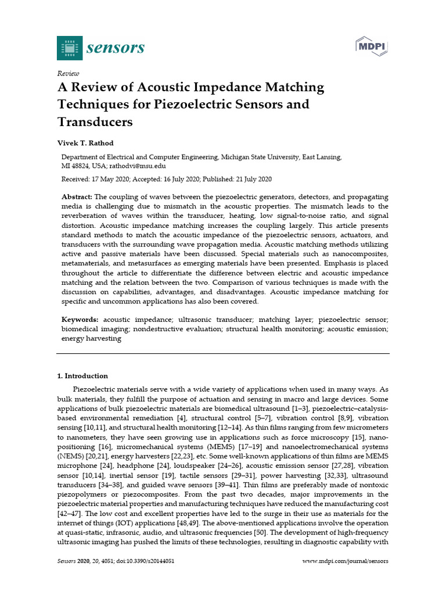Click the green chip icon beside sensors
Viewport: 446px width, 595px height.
(69, 48)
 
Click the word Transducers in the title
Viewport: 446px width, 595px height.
(95, 123)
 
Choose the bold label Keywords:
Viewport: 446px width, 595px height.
(80, 320)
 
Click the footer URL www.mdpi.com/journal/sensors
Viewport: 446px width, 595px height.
(346, 561)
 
